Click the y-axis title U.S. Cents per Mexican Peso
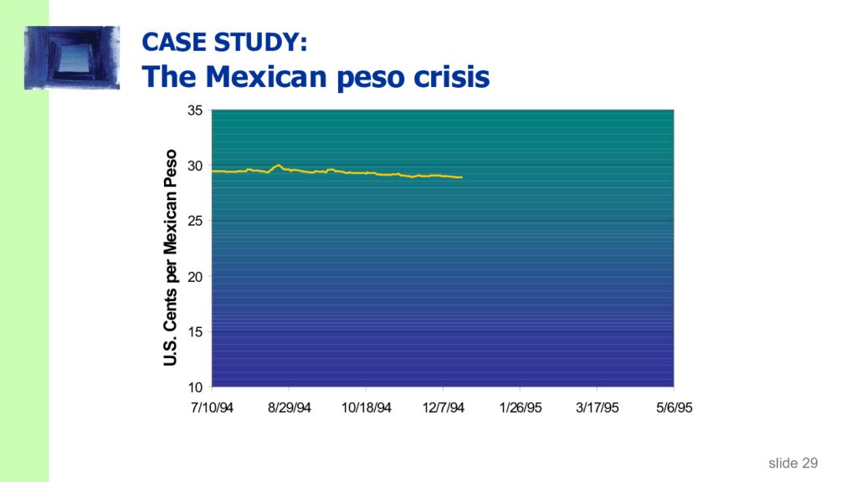[x=171, y=258]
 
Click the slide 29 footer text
[x=793, y=463]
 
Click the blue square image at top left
[x=72, y=57]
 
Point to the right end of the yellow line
[x=461, y=177]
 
